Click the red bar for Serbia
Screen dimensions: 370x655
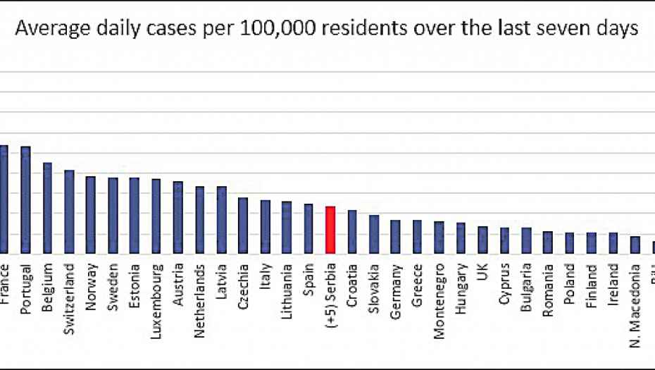pyautogui.click(x=330, y=230)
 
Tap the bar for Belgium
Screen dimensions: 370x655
pyautogui.click(x=47, y=208)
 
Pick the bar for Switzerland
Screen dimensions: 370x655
pyautogui.click(x=69, y=211)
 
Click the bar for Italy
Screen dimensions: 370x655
pyautogui.click(x=265, y=226)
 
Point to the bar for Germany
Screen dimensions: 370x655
pyautogui.click(x=395, y=236)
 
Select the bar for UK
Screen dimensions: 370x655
pyautogui.click(x=482, y=240)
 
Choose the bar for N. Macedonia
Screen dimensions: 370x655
pyautogui.click(x=635, y=245)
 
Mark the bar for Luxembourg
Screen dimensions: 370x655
pyautogui.click(x=156, y=216)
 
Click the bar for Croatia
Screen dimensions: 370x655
pyautogui.click(x=351, y=231)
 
